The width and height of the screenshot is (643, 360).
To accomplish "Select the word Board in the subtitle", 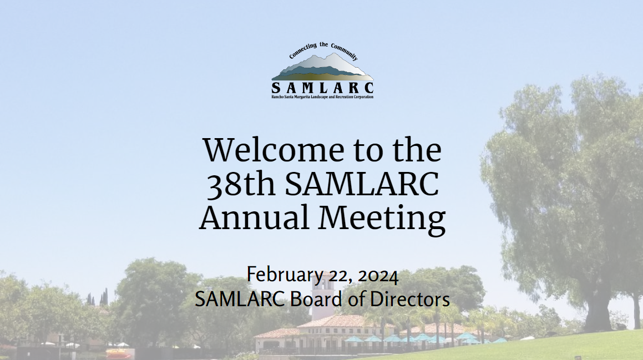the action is pos(313,300).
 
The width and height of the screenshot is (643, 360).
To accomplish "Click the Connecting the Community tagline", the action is pos(323,51).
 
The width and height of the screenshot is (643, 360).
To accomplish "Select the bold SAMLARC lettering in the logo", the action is pos(323,88).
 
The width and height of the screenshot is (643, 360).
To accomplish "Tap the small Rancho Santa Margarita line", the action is pos(323,97).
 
